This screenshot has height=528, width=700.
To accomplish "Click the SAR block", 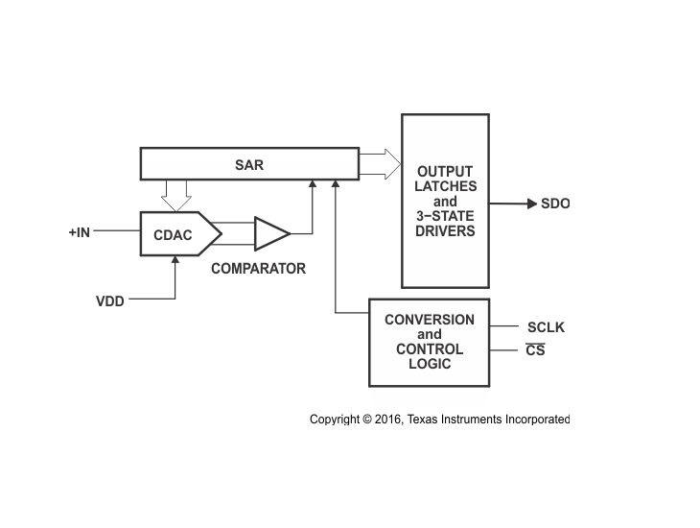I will coord(248,164).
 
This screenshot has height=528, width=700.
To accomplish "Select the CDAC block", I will coord(174,233).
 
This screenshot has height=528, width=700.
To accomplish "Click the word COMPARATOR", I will coord(258,269).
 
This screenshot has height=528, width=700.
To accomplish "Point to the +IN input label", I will coord(80,232).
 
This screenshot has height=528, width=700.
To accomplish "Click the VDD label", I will coord(109,300).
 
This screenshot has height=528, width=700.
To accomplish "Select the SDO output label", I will coord(555,204).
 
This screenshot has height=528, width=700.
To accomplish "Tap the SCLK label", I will coord(546,327).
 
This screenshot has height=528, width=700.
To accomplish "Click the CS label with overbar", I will coord(535,350).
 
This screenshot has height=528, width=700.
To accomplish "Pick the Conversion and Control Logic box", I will coord(429,342).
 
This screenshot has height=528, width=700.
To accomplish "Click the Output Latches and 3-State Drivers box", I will coord(445,201).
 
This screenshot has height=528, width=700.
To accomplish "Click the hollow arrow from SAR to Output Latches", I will coord(379,163).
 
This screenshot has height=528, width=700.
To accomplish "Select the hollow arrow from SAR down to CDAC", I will coord(175,196).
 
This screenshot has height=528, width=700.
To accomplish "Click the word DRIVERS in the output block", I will coord(445,231).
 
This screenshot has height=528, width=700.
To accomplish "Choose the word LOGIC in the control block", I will coord(429,365).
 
